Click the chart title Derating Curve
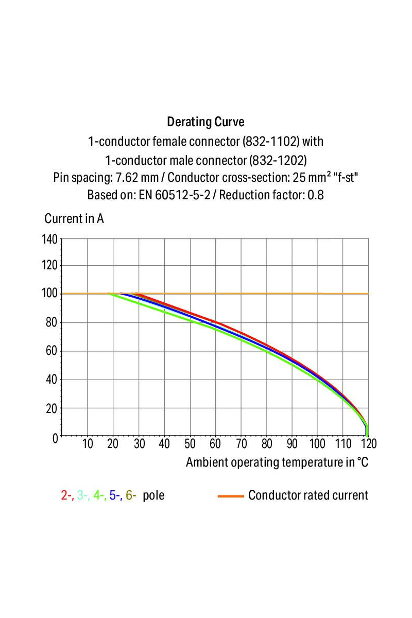click(205, 122)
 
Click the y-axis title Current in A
click(74, 218)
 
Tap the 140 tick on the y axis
click(50, 239)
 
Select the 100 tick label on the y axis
click(50, 294)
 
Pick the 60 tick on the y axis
click(52, 352)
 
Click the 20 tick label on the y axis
click(52, 409)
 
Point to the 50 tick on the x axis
click(190, 444)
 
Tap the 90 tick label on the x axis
click(292, 444)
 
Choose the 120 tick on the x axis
click(368, 444)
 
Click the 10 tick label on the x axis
click(88, 444)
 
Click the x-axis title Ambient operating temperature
click(277, 462)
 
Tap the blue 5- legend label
click(115, 495)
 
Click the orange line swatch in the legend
click(230, 496)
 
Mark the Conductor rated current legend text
click(308, 495)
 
